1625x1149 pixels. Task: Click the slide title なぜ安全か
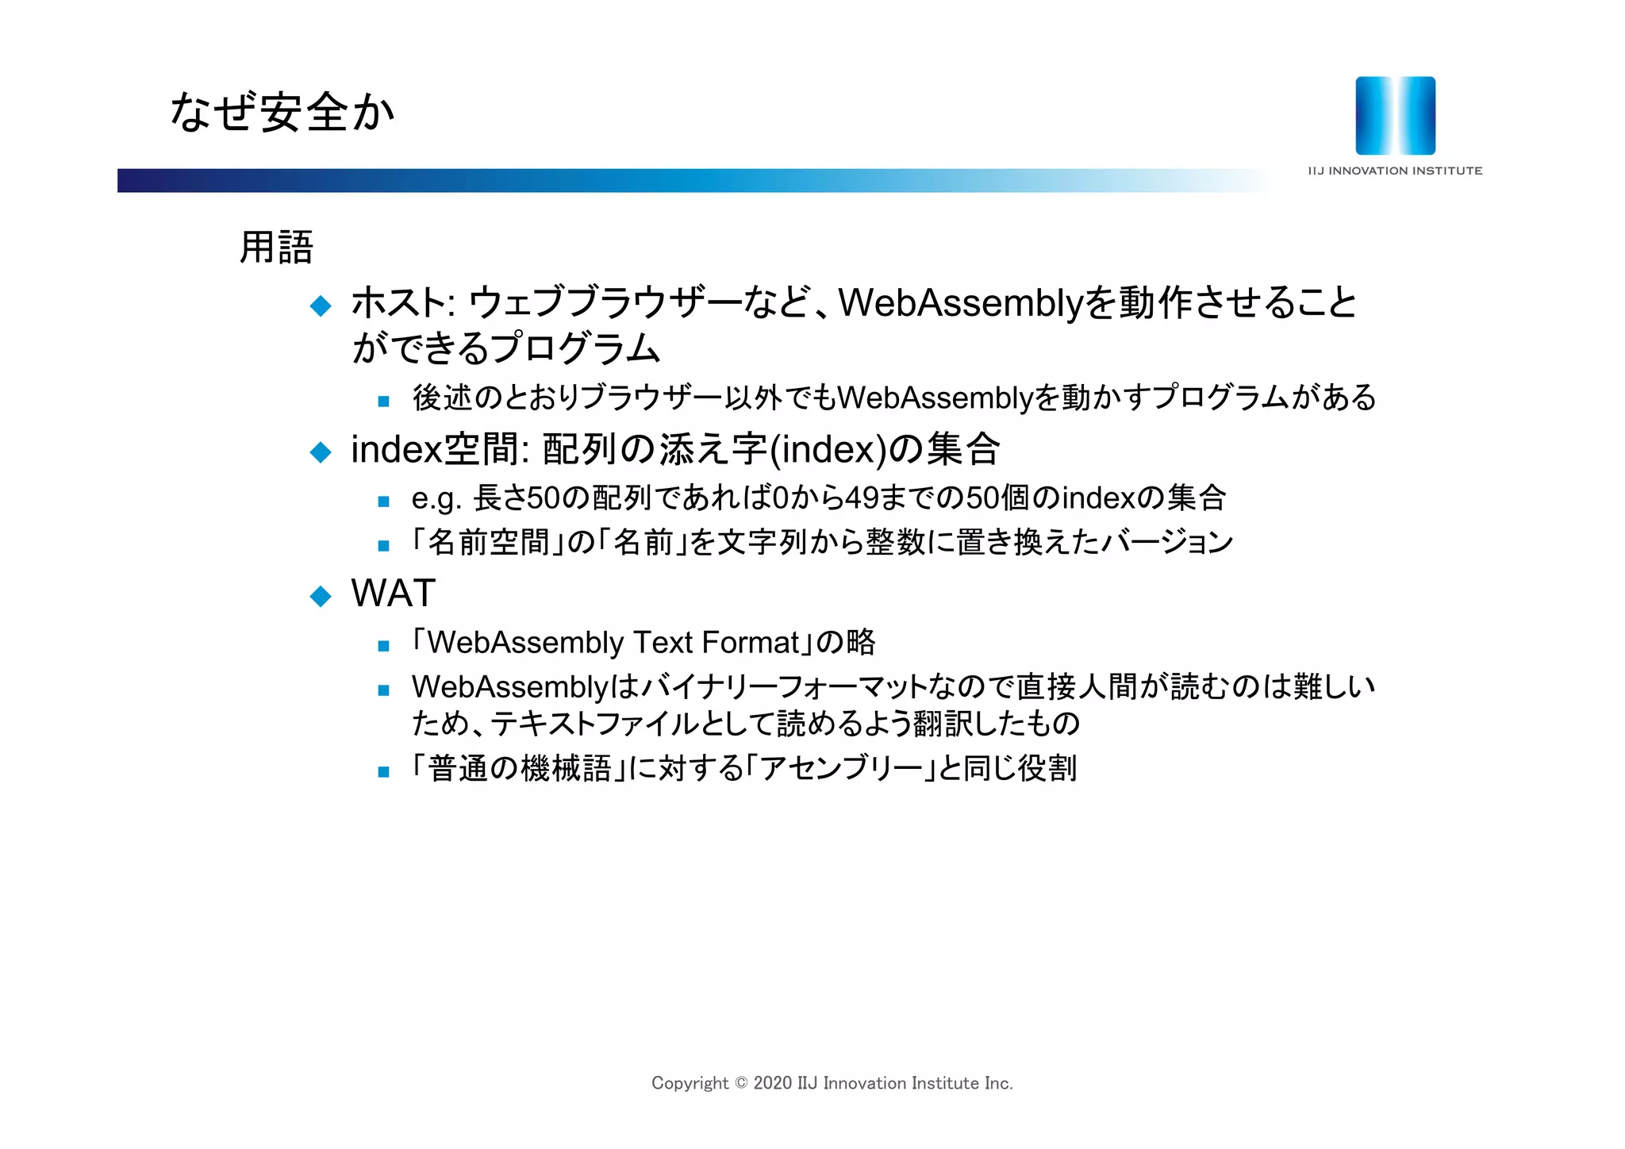pos(282,112)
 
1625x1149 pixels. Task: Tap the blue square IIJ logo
pos(1395,116)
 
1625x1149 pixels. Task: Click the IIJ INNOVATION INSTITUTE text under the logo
pos(1395,171)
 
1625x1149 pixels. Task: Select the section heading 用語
pos(276,247)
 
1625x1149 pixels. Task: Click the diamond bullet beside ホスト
pos(321,306)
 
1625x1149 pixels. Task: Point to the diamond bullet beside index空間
pos(321,452)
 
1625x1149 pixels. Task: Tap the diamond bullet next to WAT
pos(321,596)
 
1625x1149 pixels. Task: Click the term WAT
pos(394,593)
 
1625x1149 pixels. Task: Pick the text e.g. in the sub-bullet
pos(436,499)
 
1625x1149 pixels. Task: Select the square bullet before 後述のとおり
pos(384,402)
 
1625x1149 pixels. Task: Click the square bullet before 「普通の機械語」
pos(384,771)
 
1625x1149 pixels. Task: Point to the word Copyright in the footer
pos(690,1083)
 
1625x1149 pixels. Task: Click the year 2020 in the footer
pos(772,1083)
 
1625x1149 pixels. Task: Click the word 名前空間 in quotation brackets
pos(488,543)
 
